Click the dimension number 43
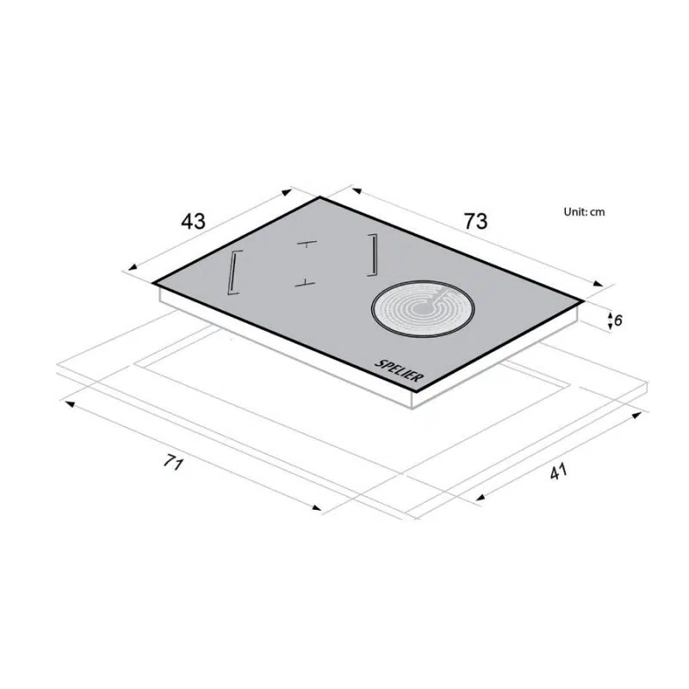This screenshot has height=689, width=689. (x=193, y=221)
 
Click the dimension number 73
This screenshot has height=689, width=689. (x=476, y=221)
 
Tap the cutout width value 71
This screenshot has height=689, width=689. (x=173, y=462)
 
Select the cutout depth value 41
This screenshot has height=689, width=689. (x=558, y=471)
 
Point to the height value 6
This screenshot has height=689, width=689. (x=618, y=320)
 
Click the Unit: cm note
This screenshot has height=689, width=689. (x=584, y=212)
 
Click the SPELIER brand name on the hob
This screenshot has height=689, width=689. (x=399, y=371)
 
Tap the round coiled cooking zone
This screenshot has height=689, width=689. (x=423, y=308)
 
